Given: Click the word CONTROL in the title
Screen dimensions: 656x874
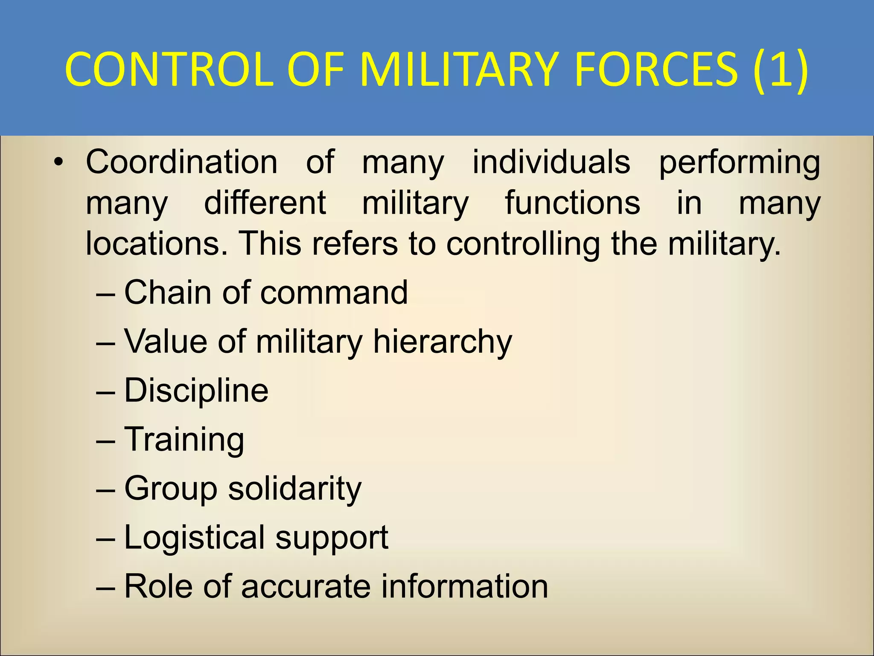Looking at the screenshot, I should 169,70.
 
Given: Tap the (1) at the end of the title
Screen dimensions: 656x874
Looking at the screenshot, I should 780,70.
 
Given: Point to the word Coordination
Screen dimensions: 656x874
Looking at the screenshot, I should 182,162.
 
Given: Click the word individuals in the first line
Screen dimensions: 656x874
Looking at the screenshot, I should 551,162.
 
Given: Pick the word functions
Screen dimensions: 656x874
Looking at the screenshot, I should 572,203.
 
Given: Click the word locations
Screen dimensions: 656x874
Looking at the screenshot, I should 156,243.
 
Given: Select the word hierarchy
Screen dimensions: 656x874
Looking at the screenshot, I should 442,342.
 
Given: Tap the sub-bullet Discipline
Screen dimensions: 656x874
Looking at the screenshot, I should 196,391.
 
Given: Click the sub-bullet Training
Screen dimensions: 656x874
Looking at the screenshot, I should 184,440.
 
